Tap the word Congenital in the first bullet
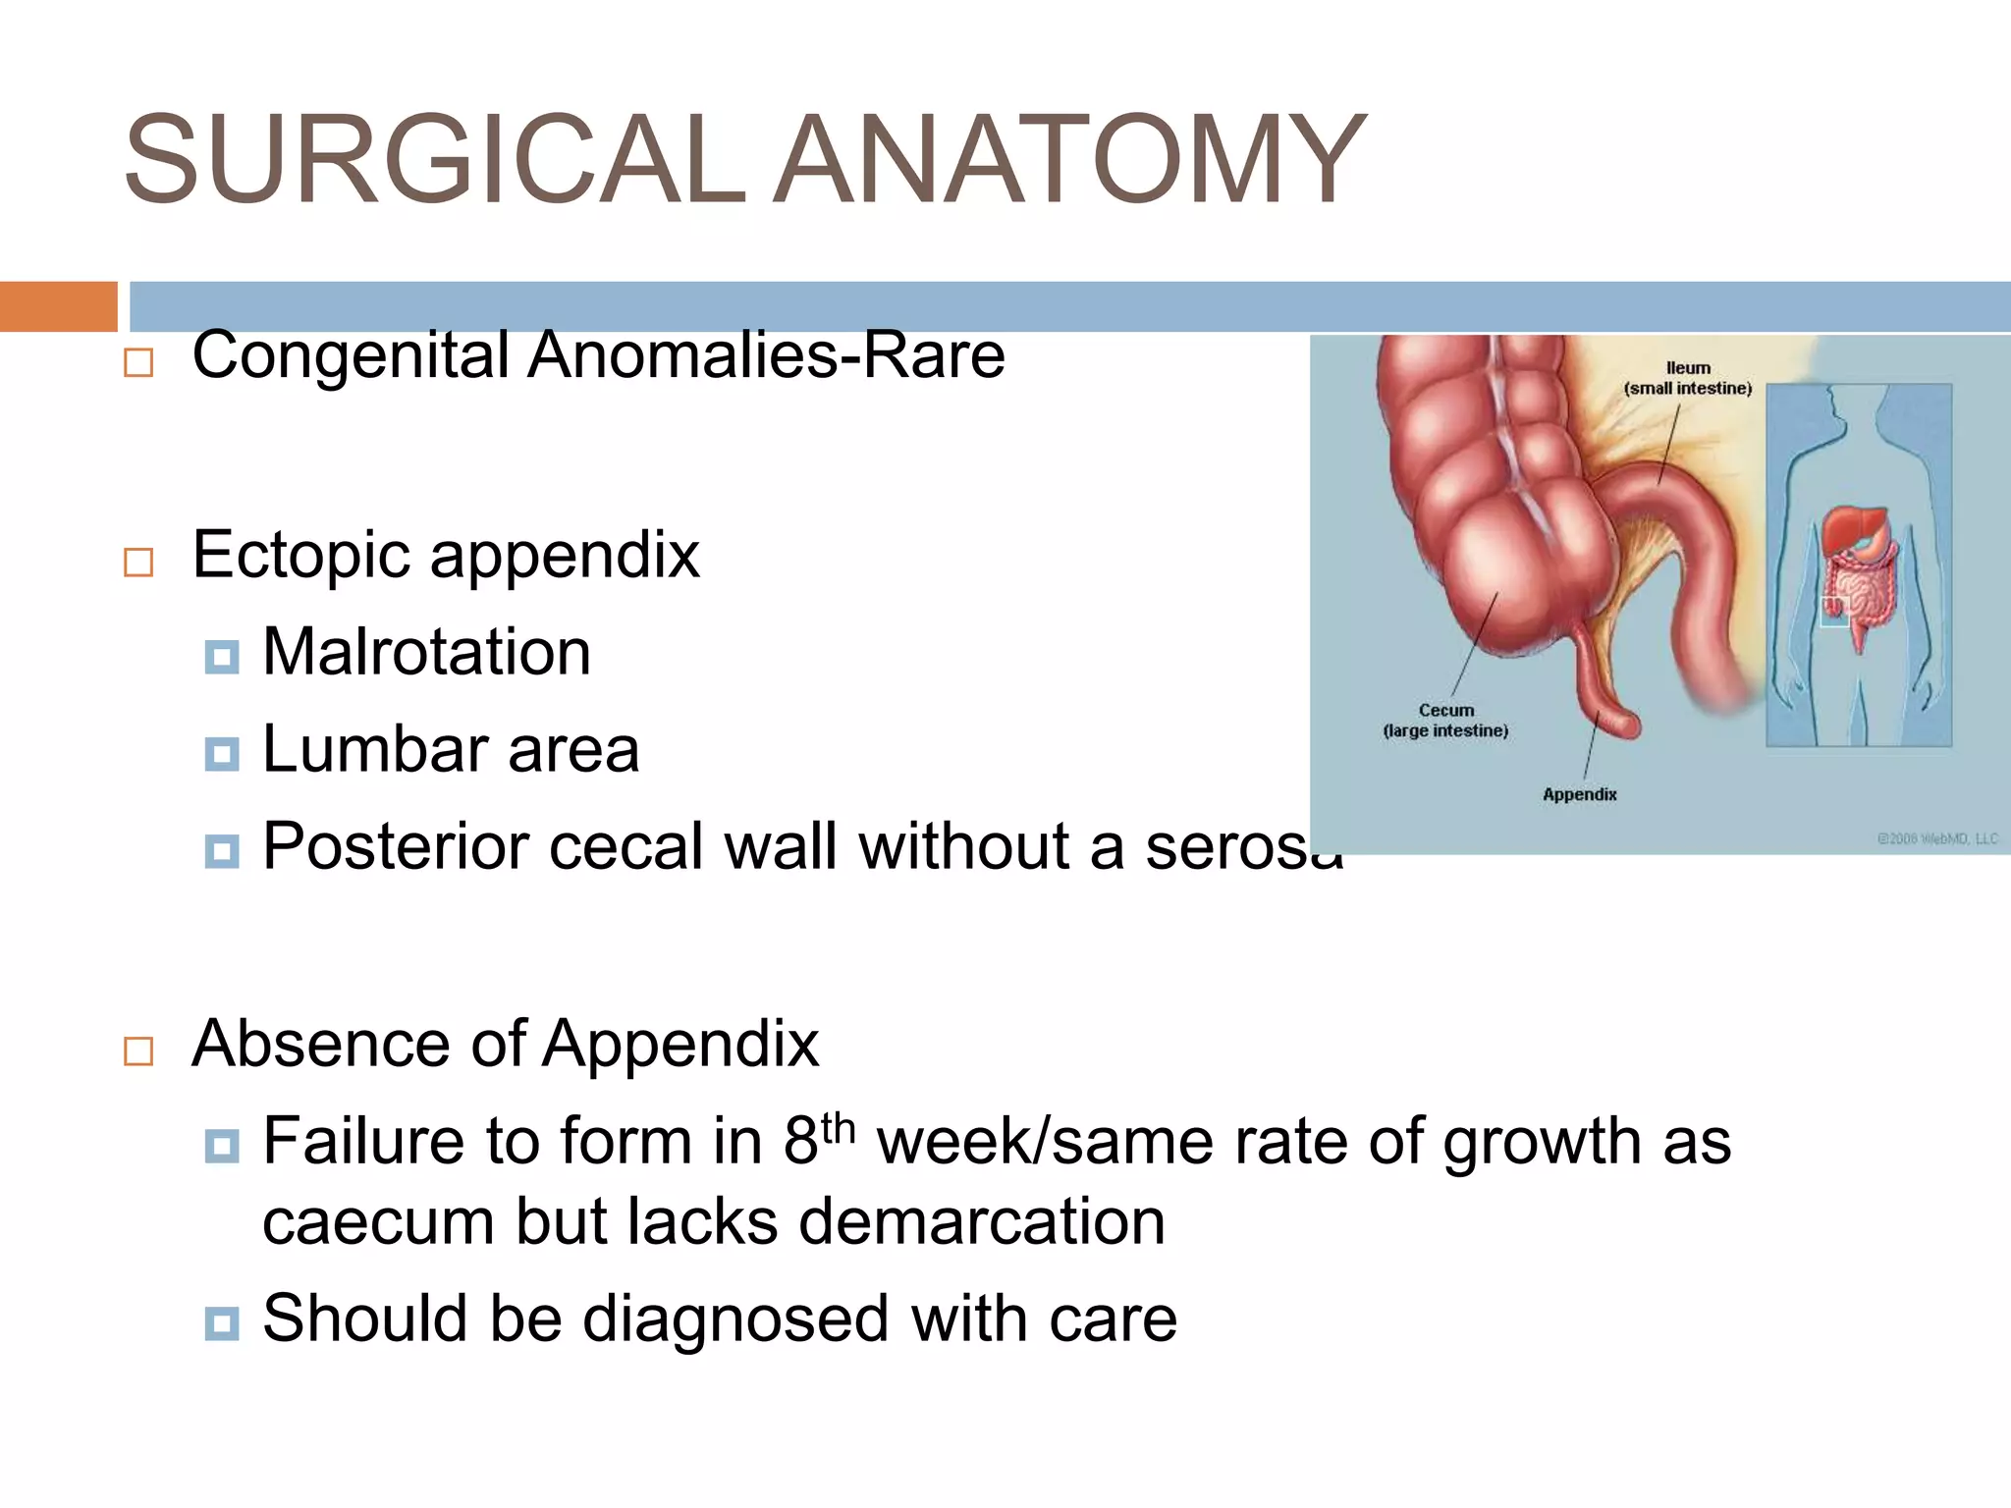[351, 354]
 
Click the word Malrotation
[426, 652]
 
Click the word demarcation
[981, 1222]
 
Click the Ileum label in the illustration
[1688, 368]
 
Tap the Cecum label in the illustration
[1445, 710]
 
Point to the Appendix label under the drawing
[1579, 794]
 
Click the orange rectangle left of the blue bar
[58, 306]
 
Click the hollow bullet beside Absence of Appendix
[138, 1051]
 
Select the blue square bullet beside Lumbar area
[222, 754]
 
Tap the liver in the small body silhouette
[1851, 530]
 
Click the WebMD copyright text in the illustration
[1936, 838]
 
